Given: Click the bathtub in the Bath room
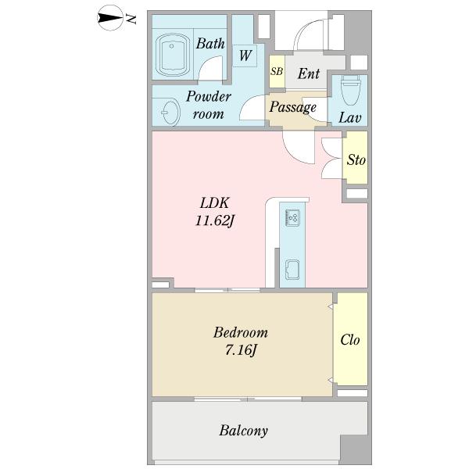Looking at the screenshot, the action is [x=173, y=55].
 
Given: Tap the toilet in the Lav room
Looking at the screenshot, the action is [x=350, y=90].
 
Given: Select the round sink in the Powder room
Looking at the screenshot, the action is [x=170, y=113].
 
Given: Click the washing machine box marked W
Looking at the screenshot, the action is [x=245, y=56].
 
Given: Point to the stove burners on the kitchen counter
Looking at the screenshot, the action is [x=292, y=218].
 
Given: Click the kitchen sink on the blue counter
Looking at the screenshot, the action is [x=292, y=270].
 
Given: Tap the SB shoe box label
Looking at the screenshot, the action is [x=277, y=71].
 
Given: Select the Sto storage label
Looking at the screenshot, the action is [x=356, y=160].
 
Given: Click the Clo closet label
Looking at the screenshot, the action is [x=350, y=340].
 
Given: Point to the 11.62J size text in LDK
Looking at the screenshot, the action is [x=214, y=221].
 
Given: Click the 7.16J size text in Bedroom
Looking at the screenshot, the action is [x=241, y=349].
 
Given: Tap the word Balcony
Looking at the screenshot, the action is [x=243, y=431].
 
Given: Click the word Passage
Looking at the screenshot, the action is [x=293, y=107].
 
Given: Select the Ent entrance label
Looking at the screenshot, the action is [x=309, y=73].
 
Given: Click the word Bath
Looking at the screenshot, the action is [x=210, y=44].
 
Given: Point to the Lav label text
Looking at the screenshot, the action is [x=349, y=117].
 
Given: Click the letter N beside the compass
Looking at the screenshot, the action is [x=131, y=19].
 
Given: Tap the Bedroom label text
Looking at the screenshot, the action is [x=241, y=333].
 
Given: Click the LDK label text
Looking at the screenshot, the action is [x=214, y=203].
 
